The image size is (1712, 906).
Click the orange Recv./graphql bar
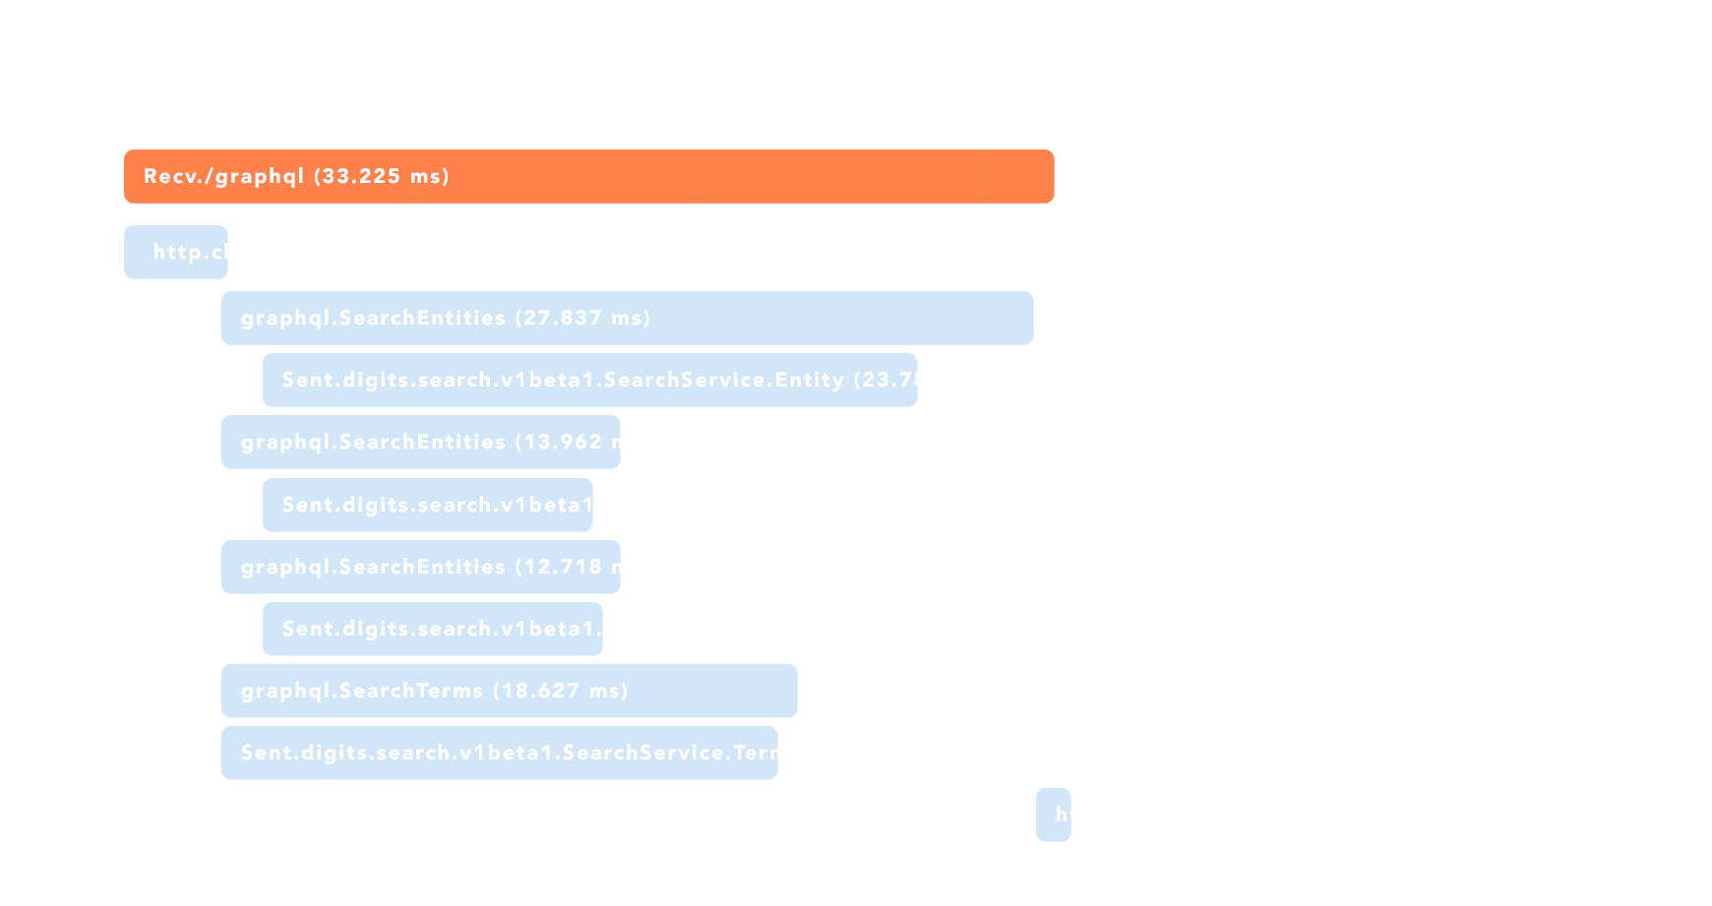pos(689,177)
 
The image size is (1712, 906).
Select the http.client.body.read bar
pos(176,253)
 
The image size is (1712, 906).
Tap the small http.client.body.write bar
pos(1053,815)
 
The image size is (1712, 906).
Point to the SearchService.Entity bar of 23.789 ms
pos(590,381)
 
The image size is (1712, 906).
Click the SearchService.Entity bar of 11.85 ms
pos(433,630)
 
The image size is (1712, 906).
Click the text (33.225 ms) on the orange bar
pos(382,177)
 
